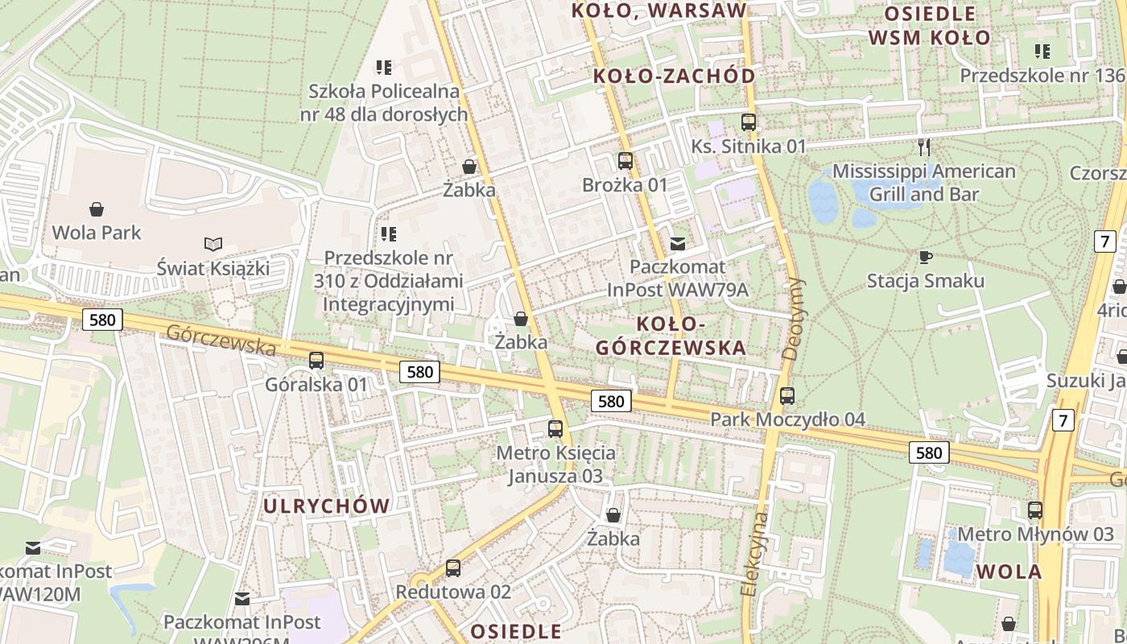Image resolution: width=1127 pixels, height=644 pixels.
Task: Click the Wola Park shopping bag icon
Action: click(97, 210)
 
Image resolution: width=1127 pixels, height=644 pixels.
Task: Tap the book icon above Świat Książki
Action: click(213, 244)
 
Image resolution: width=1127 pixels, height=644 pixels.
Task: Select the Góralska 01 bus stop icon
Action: click(316, 361)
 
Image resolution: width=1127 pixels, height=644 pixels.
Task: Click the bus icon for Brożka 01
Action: click(625, 161)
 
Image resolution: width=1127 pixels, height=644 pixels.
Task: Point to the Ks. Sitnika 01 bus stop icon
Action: click(749, 122)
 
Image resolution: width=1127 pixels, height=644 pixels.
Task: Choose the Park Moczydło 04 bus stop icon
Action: click(787, 396)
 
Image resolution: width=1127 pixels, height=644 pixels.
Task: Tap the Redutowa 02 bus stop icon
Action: click(453, 568)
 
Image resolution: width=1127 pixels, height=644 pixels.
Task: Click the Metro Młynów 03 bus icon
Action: click(1035, 510)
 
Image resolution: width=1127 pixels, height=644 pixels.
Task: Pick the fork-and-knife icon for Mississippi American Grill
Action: click(924, 147)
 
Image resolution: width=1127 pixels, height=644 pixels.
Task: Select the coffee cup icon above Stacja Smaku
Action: click(926, 257)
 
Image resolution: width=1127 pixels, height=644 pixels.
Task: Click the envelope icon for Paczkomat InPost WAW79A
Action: click(678, 243)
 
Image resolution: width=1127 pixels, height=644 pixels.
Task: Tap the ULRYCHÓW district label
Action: click(327, 506)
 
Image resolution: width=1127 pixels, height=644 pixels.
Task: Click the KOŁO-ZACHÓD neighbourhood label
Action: click(675, 76)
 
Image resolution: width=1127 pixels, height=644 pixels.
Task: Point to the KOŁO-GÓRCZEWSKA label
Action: click(671, 336)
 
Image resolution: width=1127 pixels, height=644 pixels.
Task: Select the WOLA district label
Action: click(1009, 572)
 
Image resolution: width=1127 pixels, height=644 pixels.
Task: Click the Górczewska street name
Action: click(221, 341)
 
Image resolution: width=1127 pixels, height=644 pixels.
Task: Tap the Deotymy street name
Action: click(794, 318)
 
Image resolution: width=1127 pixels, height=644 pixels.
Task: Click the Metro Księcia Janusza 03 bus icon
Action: click(555, 428)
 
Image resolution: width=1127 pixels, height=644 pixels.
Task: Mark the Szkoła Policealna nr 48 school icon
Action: click(384, 67)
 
